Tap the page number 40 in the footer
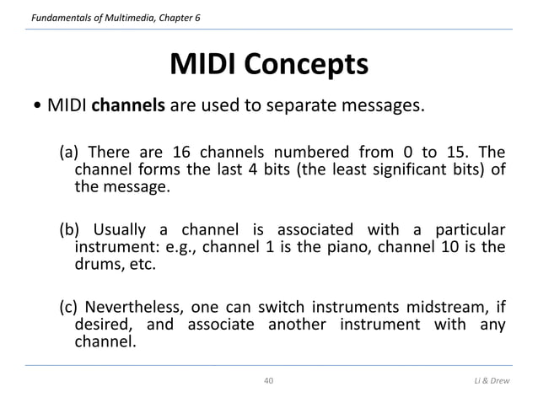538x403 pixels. pos(269,382)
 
